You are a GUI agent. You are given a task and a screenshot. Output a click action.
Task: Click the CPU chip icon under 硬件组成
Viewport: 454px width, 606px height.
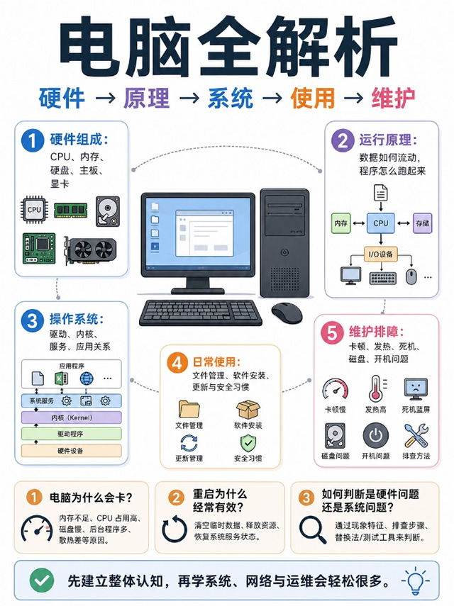click(35, 210)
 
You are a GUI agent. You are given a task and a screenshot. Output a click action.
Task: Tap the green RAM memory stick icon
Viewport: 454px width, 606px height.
click(71, 210)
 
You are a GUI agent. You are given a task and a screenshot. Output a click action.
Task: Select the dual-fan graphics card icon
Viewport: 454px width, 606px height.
click(91, 250)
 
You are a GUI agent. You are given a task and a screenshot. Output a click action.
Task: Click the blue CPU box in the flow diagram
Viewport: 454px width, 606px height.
click(380, 223)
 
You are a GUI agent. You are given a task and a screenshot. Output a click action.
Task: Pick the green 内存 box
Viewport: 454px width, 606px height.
click(340, 223)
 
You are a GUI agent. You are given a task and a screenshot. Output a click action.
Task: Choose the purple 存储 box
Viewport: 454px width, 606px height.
click(422, 223)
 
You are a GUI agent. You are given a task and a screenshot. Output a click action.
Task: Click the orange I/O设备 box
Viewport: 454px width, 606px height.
click(380, 254)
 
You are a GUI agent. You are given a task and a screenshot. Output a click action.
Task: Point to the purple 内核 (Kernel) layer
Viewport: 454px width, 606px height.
click(72, 417)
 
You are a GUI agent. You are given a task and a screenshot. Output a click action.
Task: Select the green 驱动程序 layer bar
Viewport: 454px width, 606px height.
click(72, 434)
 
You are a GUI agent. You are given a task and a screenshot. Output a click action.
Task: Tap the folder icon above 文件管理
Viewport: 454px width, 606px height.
click(189, 409)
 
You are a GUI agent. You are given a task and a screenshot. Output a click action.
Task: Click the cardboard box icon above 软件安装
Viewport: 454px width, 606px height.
click(248, 409)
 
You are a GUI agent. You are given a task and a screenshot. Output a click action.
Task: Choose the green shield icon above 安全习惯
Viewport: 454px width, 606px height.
click(248, 443)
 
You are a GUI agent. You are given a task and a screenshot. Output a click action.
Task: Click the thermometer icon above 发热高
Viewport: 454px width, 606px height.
click(376, 389)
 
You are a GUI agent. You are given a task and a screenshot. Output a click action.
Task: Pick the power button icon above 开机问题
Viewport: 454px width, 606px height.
click(375, 436)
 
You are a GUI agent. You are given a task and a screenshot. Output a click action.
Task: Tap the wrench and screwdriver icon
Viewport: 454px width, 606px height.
click(416, 436)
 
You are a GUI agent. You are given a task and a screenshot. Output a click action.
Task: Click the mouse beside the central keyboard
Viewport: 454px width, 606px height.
click(287, 313)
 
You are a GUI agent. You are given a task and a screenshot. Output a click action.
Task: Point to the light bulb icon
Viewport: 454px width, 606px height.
click(415, 580)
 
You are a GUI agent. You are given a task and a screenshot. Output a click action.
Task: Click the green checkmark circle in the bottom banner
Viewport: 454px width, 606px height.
click(42, 580)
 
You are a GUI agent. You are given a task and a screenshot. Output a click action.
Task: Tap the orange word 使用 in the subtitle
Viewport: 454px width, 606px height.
click(313, 99)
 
